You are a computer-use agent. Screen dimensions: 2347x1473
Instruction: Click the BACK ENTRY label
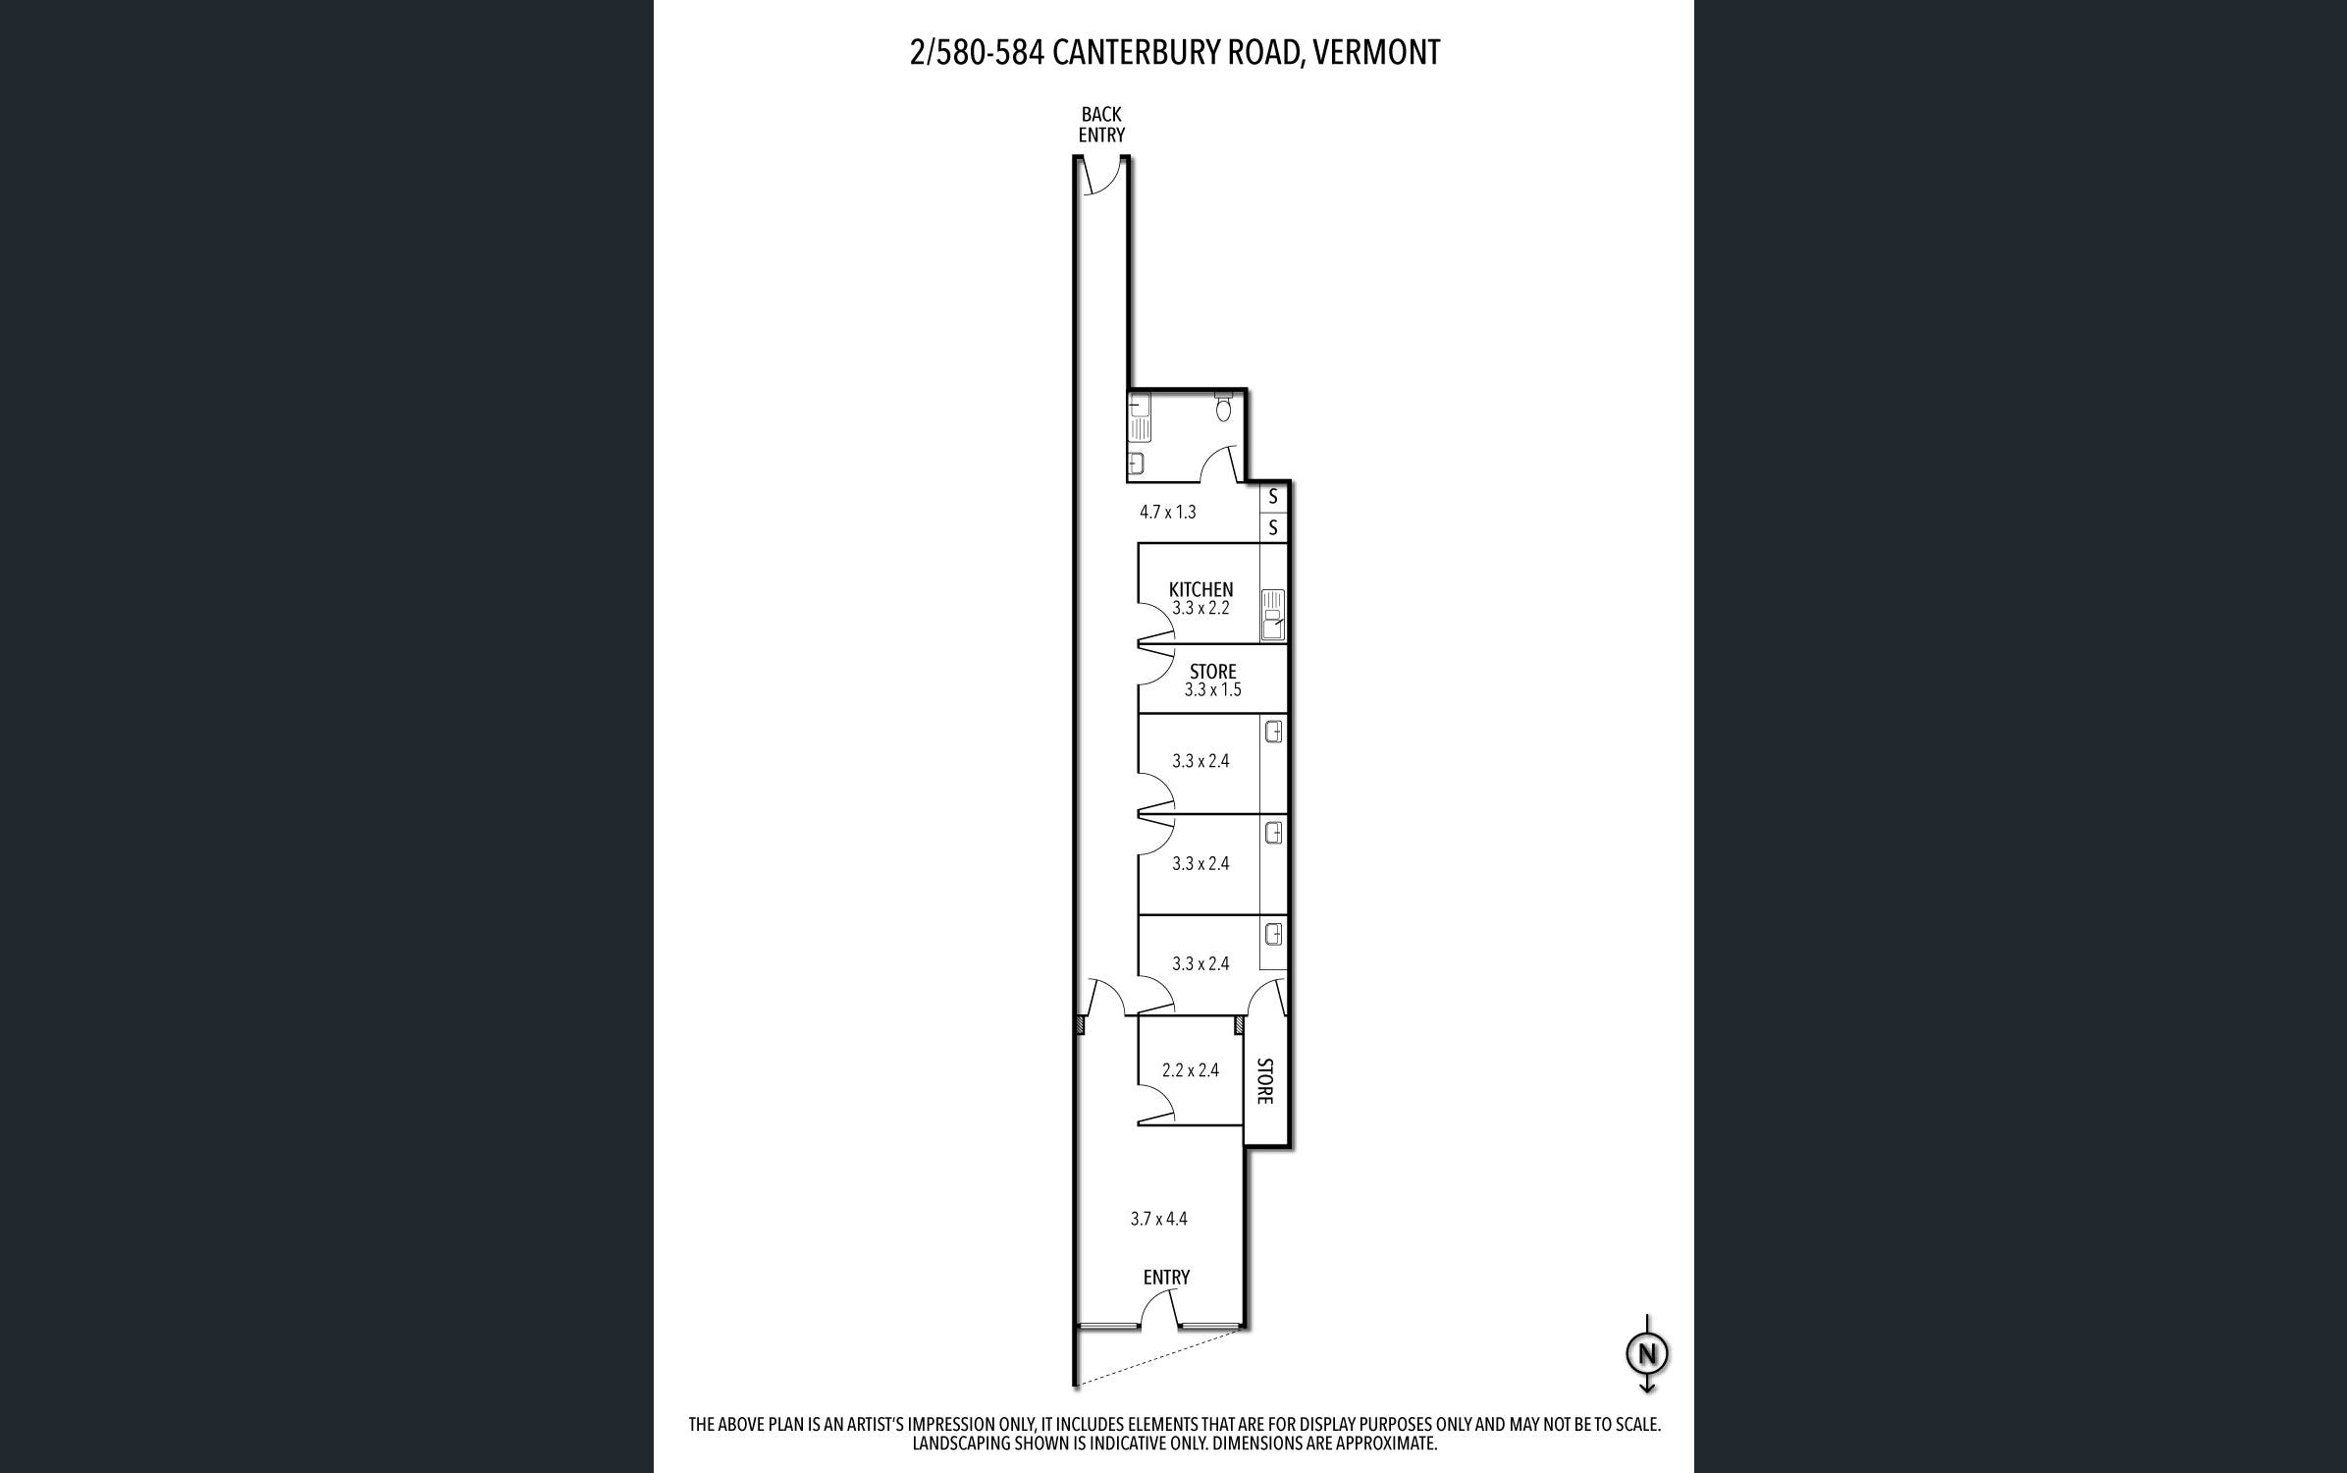pyautogui.click(x=1101, y=125)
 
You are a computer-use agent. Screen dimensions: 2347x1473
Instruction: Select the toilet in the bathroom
pyautogui.click(x=1223, y=408)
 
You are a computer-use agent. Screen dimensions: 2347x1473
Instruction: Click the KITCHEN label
pyautogui.click(x=1200, y=589)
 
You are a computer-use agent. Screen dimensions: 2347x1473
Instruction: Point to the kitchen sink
pyautogui.click(x=1273, y=614)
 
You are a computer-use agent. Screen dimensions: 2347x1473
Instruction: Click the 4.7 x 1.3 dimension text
pyautogui.click(x=1167, y=512)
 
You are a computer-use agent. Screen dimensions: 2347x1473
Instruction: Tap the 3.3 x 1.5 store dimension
pyautogui.click(x=1212, y=689)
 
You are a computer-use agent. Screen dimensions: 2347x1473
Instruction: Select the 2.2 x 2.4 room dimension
pyautogui.click(x=1190, y=1070)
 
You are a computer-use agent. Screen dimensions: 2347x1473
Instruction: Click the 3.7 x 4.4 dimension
pyautogui.click(x=1158, y=1219)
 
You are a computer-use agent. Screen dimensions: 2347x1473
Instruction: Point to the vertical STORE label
pyautogui.click(x=1264, y=1080)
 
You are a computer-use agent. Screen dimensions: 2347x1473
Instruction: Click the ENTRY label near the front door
pyautogui.click(x=1166, y=1277)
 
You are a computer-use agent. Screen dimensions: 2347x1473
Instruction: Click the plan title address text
pyautogui.click(x=1175, y=52)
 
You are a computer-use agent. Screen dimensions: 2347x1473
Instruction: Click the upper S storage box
pyautogui.click(x=1273, y=497)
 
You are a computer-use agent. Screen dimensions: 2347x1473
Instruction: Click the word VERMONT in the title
pyautogui.click(x=1377, y=52)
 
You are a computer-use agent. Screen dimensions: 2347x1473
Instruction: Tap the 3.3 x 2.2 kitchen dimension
pyautogui.click(x=1200, y=608)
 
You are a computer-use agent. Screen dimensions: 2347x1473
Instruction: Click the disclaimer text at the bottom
pyautogui.click(x=1174, y=1434)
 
